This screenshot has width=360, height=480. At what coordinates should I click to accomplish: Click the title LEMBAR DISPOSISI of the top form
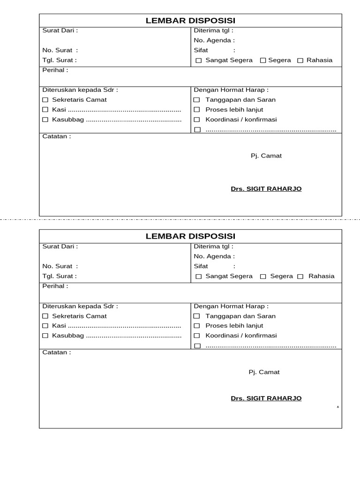pos(190,21)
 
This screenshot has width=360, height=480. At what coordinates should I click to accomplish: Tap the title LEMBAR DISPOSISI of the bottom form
pos(190,236)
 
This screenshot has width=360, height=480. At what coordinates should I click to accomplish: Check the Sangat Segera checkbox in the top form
pos(199,60)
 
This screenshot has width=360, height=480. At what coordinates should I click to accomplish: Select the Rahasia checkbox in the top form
pos(300,60)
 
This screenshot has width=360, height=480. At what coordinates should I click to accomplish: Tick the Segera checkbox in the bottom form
pos(263,277)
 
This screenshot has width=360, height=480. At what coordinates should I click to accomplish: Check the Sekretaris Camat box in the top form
pos(45,100)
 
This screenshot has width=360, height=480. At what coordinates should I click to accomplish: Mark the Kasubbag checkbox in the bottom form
pos(45,336)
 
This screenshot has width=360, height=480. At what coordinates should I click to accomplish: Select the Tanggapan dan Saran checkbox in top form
pos(197,100)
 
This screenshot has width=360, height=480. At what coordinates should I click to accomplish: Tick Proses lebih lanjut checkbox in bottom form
pos(197,326)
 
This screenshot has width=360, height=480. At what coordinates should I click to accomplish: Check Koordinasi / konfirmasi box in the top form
pos(197,120)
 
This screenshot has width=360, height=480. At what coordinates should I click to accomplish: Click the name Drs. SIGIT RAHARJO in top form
pos(266,189)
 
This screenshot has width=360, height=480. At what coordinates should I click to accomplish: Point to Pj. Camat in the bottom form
pos(264,372)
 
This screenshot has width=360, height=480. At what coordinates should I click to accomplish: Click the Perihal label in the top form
pos(55,70)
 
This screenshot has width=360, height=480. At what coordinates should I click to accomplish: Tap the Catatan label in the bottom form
pos(57,352)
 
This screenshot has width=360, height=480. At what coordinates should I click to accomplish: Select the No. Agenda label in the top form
pos(214,41)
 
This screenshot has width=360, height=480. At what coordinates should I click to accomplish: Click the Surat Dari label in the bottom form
pos(60,246)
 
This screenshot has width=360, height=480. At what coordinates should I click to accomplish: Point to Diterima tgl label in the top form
pos(213,30)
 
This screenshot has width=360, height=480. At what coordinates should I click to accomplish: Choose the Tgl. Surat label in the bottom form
pos(60,276)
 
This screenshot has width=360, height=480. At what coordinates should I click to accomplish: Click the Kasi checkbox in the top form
pos(45,110)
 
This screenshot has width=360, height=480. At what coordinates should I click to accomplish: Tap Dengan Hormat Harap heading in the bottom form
pos(231,306)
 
